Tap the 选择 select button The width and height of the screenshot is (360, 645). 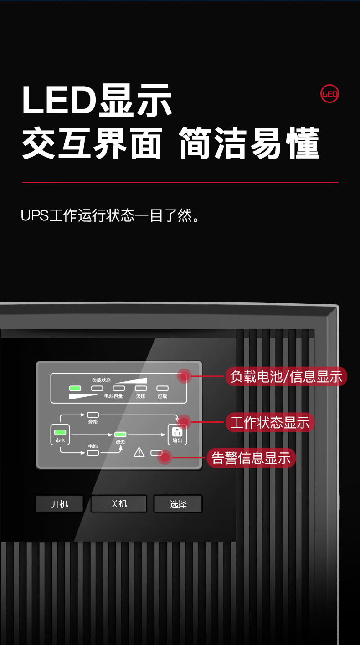pyautogui.click(x=178, y=504)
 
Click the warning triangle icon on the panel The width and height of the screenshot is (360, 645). pyautogui.click(x=139, y=452)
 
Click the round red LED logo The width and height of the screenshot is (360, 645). pyautogui.click(x=329, y=94)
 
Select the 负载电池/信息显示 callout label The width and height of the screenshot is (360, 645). pyautogui.click(x=286, y=377)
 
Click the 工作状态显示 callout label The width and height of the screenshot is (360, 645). pyautogui.click(x=270, y=423)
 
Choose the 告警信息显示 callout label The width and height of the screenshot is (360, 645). pyautogui.click(x=251, y=458)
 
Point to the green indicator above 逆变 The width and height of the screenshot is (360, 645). pyautogui.click(x=120, y=434)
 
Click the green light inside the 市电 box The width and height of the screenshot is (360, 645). pyautogui.click(x=60, y=432)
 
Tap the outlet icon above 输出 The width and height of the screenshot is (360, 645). pyautogui.click(x=177, y=432)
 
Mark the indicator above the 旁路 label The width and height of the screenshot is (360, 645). pyautogui.click(x=93, y=415)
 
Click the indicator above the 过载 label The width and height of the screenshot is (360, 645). pyautogui.click(x=162, y=389)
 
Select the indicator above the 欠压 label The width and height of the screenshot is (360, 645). pyautogui.click(x=140, y=389)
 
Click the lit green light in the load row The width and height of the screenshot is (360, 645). pyautogui.click(x=75, y=389)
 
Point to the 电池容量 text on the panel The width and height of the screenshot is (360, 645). pyautogui.click(x=113, y=396)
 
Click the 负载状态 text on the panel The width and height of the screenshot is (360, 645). pyautogui.click(x=101, y=380)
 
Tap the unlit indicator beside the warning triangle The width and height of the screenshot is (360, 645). pyautogui.click(x=156, y=452)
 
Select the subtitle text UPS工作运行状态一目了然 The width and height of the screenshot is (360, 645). pyautogui.click(x=110, y=215)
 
